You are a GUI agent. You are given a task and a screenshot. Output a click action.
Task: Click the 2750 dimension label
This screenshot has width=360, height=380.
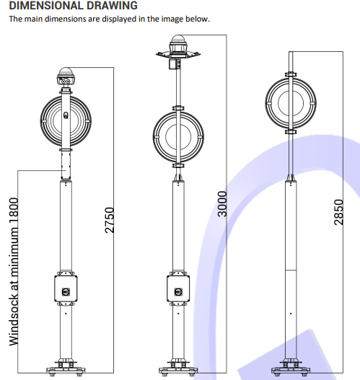(x=109, y=220)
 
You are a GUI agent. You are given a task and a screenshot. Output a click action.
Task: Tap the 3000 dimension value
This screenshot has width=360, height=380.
(x=222, y=204)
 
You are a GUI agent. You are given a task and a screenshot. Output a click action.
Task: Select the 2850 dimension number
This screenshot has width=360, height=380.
(x=338, y=212)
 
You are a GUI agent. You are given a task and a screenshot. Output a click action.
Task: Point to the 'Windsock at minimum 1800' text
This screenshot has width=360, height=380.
(x=14, y=271)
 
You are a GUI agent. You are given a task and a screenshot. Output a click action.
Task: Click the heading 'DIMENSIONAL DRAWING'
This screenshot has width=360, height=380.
(x=73, y=5)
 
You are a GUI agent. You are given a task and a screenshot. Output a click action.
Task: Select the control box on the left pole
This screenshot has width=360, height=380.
(x=66, y=288)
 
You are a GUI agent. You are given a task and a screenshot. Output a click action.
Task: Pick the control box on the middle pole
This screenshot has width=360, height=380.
(x=178, y=288)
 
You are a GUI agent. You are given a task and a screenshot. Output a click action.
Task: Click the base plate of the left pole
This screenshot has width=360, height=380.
(x=66, y=371)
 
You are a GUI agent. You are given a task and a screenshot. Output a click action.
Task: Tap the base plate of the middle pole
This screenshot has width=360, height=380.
(x=178, y=371)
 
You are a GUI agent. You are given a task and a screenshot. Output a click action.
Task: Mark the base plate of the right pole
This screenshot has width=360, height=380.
(x=291, y=371)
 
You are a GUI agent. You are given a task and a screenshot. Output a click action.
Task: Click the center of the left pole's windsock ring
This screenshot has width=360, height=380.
(x=66, y=120)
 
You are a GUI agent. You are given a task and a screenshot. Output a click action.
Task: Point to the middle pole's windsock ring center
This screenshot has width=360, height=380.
(x=178, y=137)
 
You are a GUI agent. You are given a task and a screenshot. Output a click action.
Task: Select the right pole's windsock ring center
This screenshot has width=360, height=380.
(x=291, y=103)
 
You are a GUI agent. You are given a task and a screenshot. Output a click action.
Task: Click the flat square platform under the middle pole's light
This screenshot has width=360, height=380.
(x=178, y=55)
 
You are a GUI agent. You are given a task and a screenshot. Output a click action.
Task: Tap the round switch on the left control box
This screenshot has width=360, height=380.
(x=66, y=292)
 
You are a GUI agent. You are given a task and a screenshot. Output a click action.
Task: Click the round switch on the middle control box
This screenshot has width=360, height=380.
(x=178, y=292)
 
